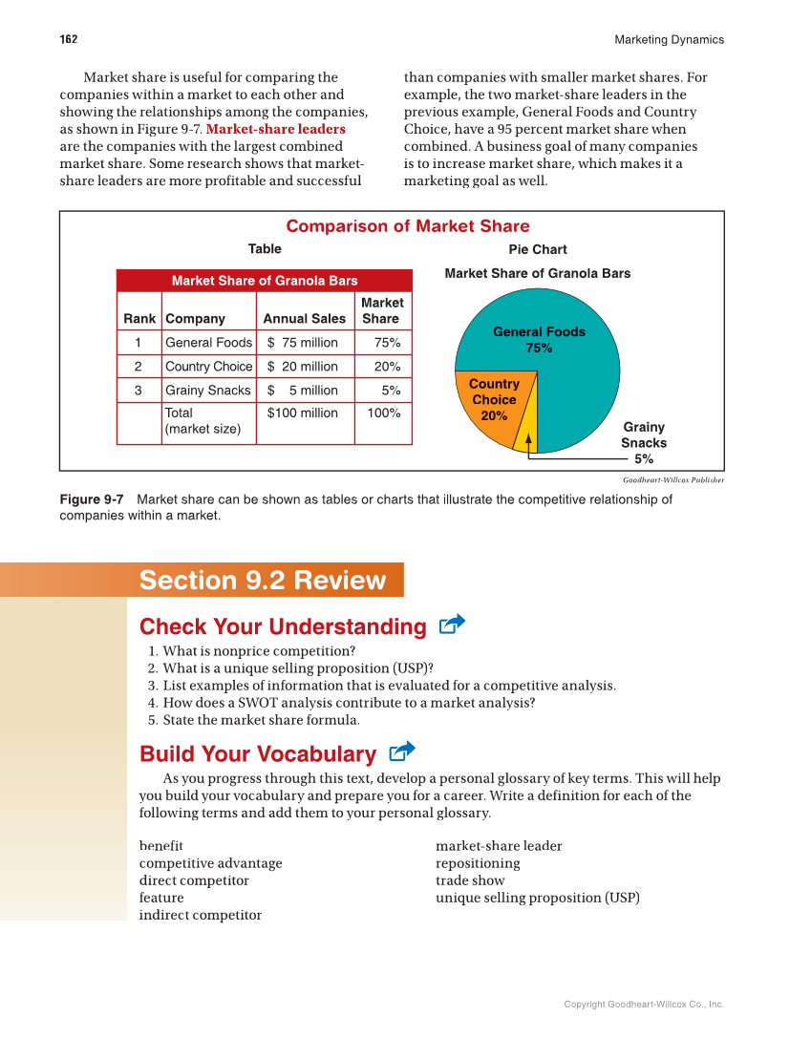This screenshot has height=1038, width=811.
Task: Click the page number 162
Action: pyautogui.click(x=69, y=39)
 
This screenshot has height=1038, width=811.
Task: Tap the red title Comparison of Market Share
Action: pyautogui.click(x=408, y=226)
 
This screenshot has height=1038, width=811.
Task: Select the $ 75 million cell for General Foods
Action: pyautogui.click(x=303, y=343)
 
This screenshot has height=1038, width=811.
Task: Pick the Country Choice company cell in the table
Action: pyautogui.click(x=208, y=367)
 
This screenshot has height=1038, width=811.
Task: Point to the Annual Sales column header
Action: pyautogui.click(x=305, y=319)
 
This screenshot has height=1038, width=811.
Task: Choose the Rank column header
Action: pyautogui.click(x=139, y=319)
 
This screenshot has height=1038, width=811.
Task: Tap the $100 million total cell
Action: pyautogui.click(x=303, y=413)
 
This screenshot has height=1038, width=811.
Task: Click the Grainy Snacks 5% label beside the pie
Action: pyautogui.click(x=644, y=443)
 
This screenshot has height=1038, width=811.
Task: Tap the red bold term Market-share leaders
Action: pyautogui.click(x=276, y=129)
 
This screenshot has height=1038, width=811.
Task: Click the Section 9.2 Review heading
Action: pyautogui.click(x=263, y=581)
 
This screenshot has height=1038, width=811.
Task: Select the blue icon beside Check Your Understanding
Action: pyautogui.click(x=452, y=625)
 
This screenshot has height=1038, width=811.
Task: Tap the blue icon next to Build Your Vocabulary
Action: pyautogui.click(x=402, y=752)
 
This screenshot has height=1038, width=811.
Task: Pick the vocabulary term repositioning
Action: pyautogui.click(x=478, y=863)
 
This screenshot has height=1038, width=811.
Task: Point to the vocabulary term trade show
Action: pyautogui.click(x=470, y=880)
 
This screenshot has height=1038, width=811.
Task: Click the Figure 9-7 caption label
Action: pyautogui.click(x=92, y=499)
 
